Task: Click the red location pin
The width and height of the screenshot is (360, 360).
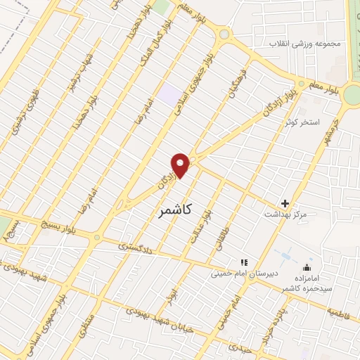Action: pyautogui.click(x=181, y=165)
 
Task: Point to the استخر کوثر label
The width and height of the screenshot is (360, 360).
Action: pyautogui.click(x=302, y=123)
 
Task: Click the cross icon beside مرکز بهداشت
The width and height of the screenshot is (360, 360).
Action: pyautogui.click(x=285, y=202)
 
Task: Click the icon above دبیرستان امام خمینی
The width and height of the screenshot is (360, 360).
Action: pyautogui.click(x=245, y=262)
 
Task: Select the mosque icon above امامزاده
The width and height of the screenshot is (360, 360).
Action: pyautogui.click(x=306, y=268)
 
